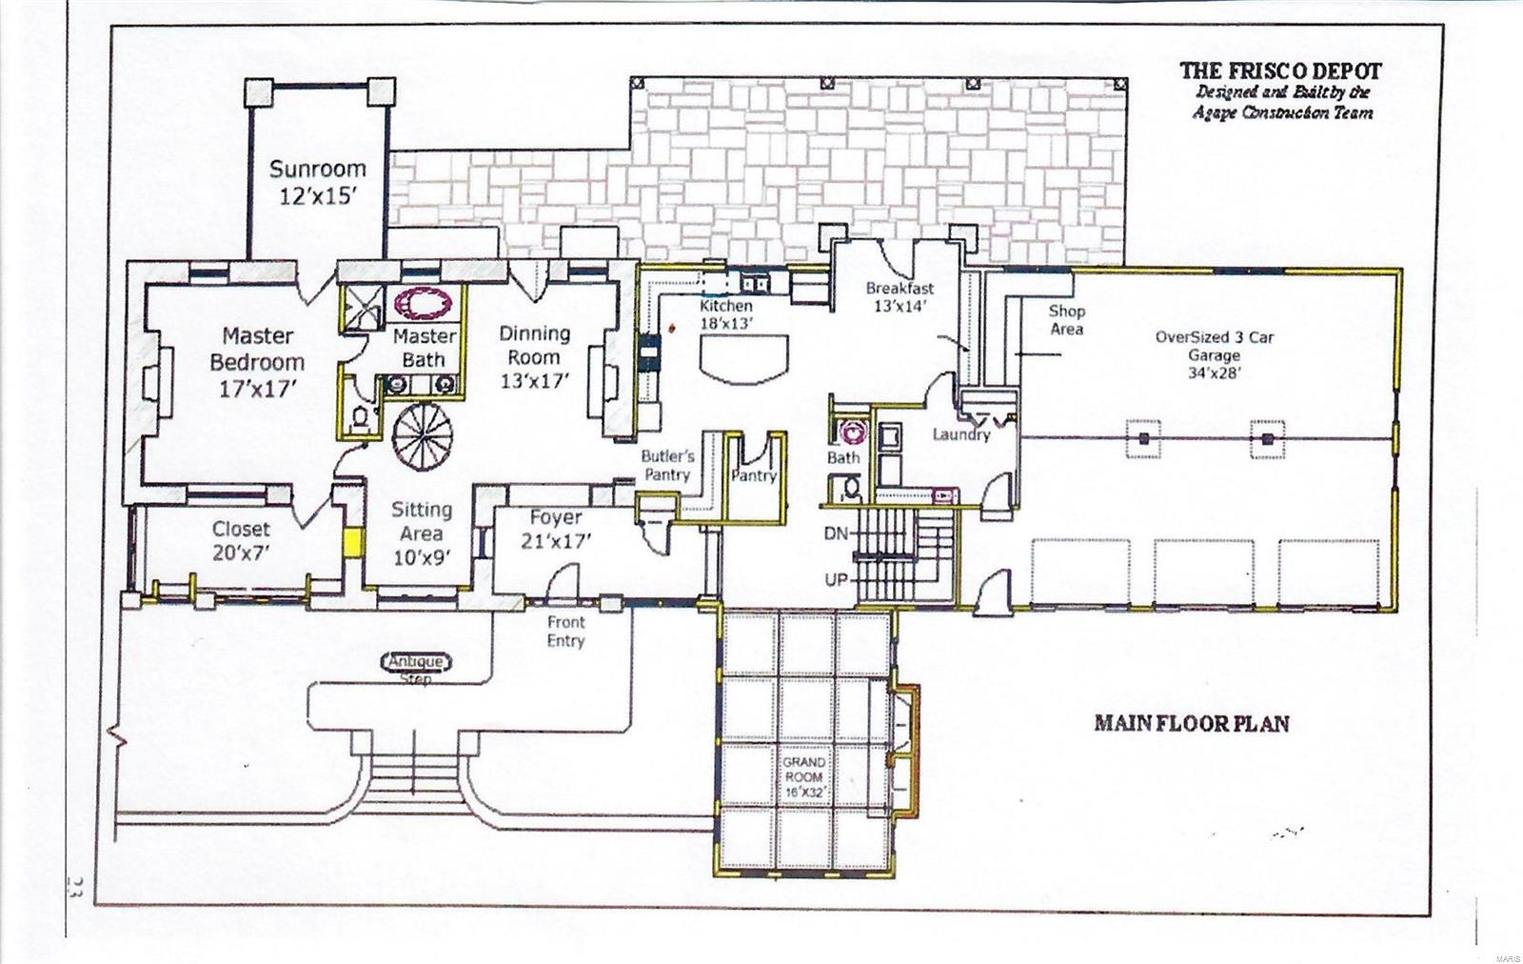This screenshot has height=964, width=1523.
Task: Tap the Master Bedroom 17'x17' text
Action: click(257, 361)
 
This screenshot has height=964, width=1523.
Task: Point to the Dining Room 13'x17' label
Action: click(535, 357)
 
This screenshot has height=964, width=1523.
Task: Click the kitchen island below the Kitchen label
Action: click(745, 360)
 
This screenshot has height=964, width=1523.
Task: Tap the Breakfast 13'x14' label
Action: click(899, 296)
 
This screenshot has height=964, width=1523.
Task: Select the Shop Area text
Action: click(1066, 319)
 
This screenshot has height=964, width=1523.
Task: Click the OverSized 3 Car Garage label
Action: click(1214, 354)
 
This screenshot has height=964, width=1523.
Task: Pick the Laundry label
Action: click(960, 434)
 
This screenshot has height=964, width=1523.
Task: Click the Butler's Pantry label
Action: click(667, 465)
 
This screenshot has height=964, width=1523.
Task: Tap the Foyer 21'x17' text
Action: click(555, 529)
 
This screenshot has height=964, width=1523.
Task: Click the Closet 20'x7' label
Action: click(241, 539)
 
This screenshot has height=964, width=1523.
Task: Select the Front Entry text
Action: click(565, 631)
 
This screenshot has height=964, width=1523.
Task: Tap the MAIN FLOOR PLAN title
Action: click(1191, 723)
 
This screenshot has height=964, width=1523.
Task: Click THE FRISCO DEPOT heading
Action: click(1280, 70)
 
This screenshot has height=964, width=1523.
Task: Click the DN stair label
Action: click(836, 534)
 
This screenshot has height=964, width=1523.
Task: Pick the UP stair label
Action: click(836, 579)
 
